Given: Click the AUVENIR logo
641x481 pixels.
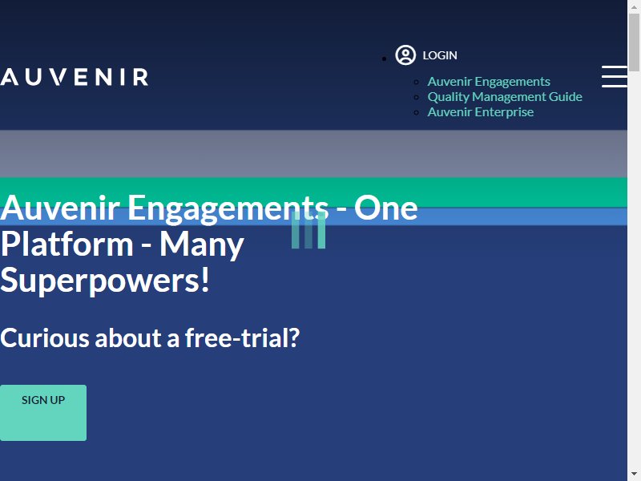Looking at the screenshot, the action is click(74, 77).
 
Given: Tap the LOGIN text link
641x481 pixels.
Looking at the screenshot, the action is click(440, 55).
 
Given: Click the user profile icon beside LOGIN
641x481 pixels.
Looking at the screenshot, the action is click(405, 55).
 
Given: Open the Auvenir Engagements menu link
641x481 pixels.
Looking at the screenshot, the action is click(489, 82).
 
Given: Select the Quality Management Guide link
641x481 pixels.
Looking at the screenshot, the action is click(505, 96).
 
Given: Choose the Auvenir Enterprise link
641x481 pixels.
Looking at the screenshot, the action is click(480, 111).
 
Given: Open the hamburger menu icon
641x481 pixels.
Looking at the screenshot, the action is click(615, 76).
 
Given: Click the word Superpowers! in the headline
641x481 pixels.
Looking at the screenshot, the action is click(105, 281).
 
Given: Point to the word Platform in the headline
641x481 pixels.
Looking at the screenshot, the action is click(67, 245).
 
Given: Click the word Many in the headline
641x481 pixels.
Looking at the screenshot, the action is click(202, 245).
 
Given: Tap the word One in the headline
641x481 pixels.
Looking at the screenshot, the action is click(386, 208).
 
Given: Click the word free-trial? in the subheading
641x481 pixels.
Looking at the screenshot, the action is click(243, 338).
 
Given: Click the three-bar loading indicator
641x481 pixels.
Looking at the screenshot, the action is click(308, 230).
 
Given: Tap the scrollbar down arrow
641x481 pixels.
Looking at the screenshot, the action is click(634, 475).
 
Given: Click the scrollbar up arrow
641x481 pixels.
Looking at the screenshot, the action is click(634, 7).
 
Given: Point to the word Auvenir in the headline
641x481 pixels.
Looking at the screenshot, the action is click(60, 208).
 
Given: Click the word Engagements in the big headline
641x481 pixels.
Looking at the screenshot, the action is click(228, 209).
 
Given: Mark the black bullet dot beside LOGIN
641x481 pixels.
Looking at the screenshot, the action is click(384, 59).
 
